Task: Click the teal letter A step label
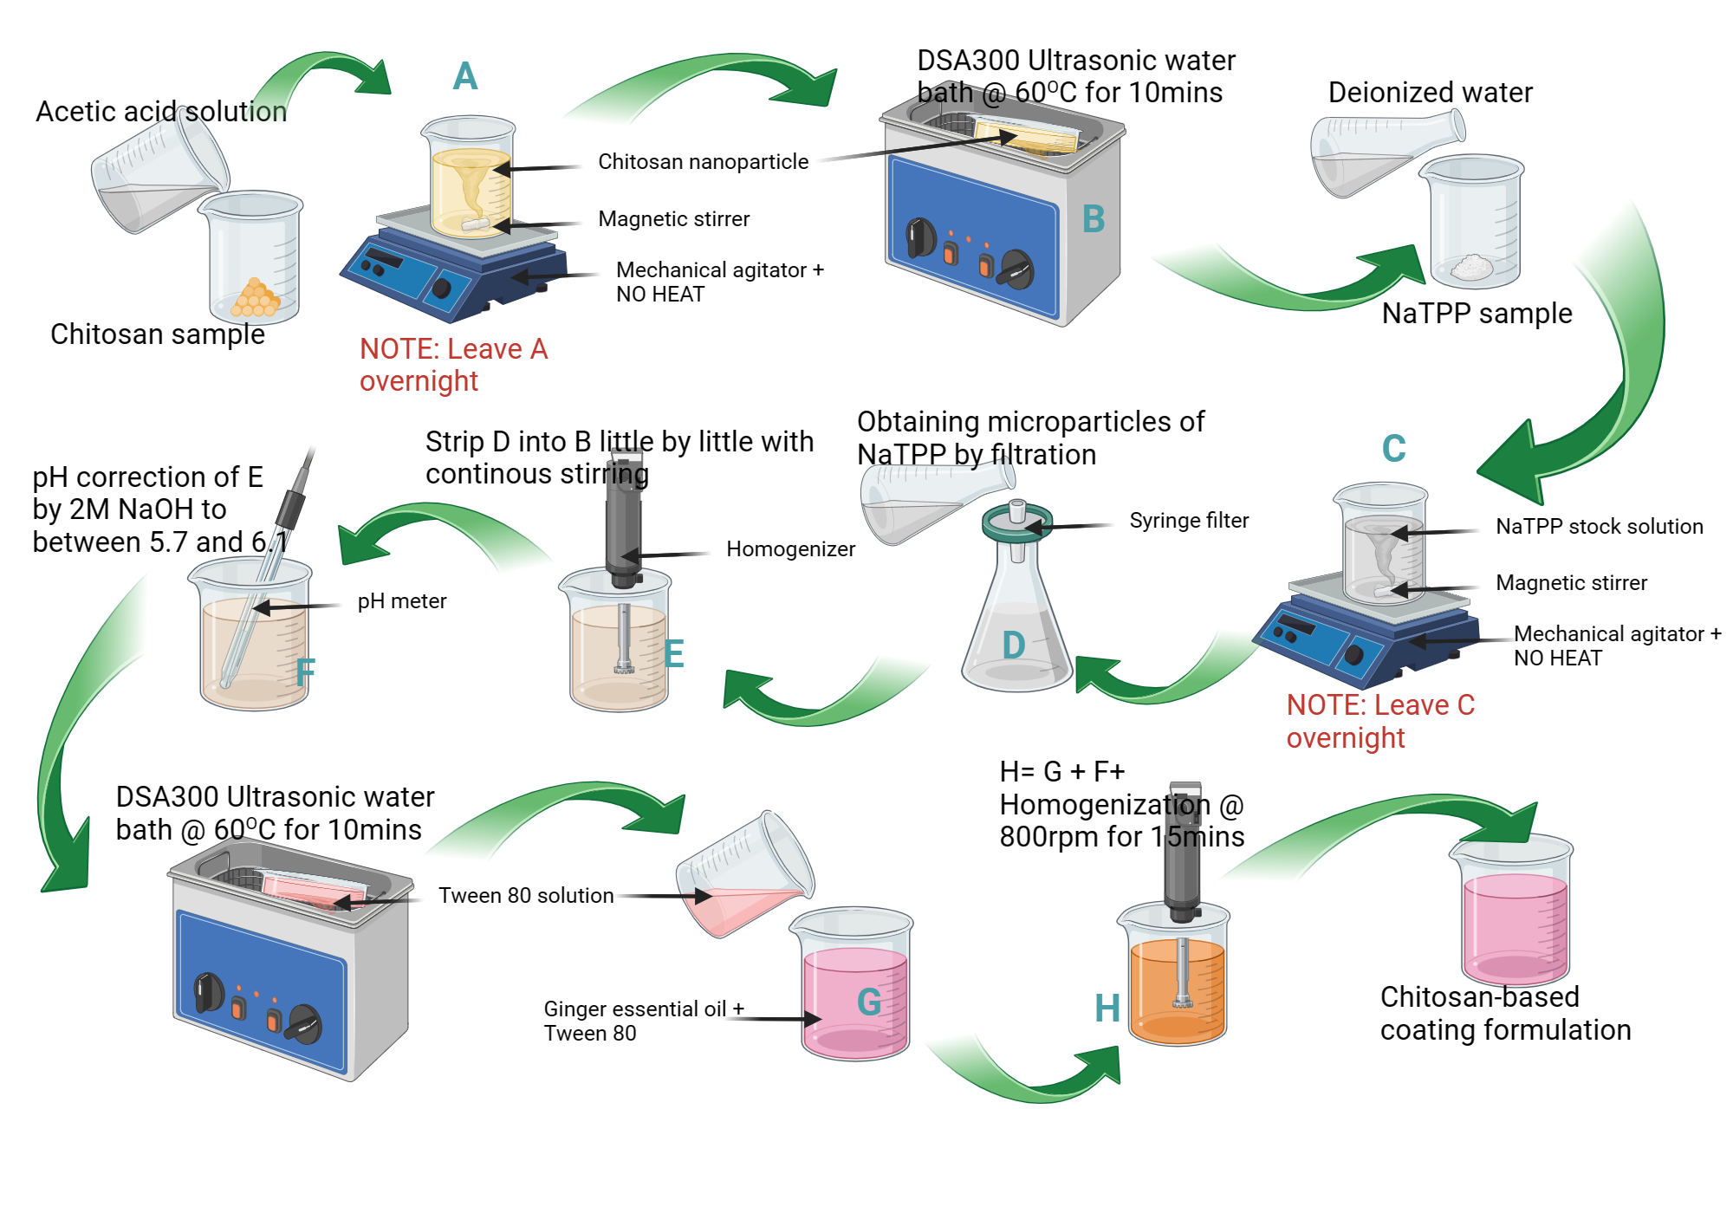[465, 76]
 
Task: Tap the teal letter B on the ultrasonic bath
[1094, 219]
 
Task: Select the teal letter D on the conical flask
[1013, 645]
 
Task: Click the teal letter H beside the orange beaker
[1107, 1009]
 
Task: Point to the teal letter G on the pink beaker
[868, 1002]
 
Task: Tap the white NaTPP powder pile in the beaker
[1470, 267]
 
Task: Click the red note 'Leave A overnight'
[453, 365]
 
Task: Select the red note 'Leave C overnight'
[1379, 721]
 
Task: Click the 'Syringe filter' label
[1189, 521]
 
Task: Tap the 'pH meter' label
[402, 601]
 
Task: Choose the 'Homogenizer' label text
[790, 549]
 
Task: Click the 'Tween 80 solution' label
[526, 896]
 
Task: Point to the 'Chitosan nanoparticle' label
[703, 162]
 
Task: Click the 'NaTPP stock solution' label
[1599, 527]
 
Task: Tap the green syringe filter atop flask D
[1017, 522]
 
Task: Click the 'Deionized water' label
[1430, 93]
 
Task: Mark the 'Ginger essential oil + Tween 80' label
[643, 1021]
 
